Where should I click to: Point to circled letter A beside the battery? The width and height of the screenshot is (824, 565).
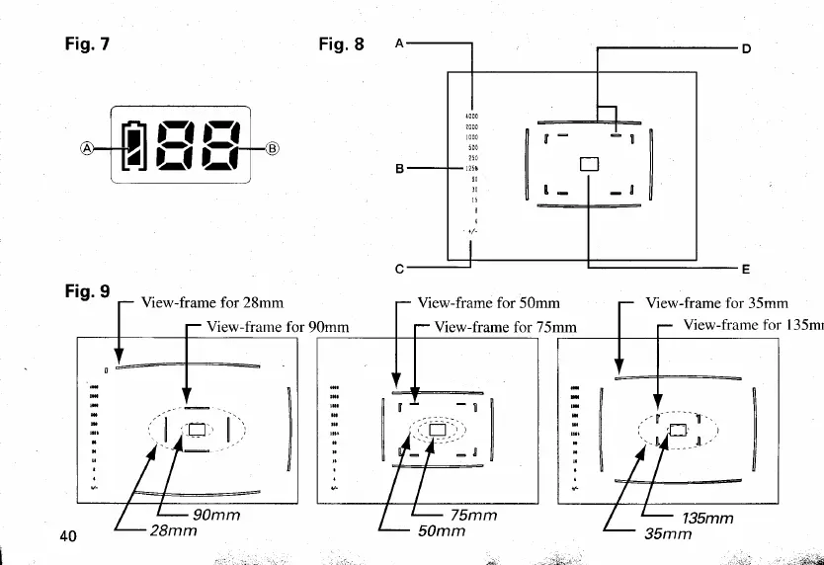89,149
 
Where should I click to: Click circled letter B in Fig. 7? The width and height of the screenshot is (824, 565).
273,149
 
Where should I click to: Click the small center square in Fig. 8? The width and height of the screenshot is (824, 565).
588,164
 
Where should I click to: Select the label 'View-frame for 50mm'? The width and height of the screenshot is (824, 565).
489,302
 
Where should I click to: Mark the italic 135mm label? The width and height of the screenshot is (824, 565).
706,518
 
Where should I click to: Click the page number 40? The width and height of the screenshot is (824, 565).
68,535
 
